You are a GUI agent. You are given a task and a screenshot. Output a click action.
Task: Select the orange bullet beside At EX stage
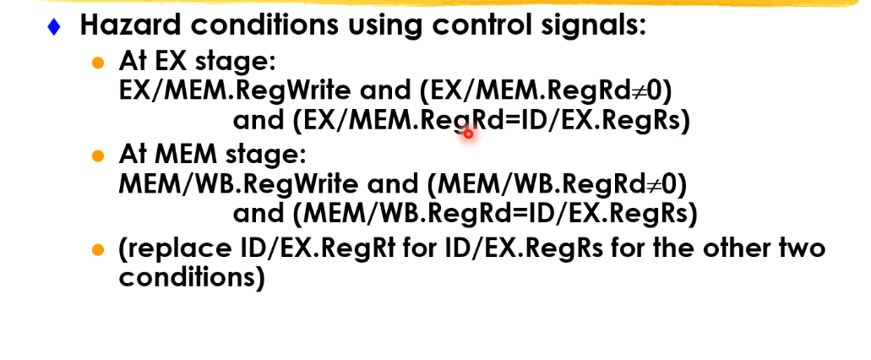tap(99, 63)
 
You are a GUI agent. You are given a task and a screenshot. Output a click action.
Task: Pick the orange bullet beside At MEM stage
tap(99, 156)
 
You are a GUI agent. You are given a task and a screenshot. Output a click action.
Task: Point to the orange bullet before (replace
tap(99, 250)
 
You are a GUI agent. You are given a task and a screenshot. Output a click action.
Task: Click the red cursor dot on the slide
tap(467, 133)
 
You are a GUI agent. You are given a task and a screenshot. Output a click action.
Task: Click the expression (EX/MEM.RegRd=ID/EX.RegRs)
tap(492, 121)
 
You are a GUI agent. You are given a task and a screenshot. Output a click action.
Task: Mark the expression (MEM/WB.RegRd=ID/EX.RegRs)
tap(495, 214)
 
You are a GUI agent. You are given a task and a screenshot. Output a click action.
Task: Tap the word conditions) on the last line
tap(192, 278)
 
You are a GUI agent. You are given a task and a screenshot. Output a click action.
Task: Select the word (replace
tap(173, 250)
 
